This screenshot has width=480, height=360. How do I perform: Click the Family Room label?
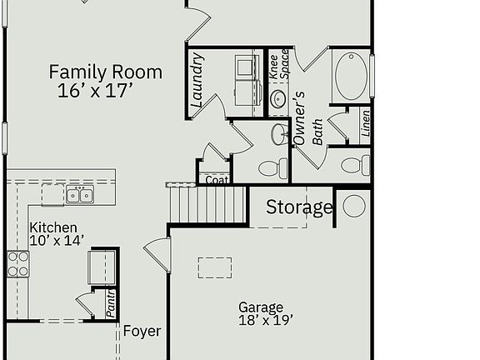(105, 72)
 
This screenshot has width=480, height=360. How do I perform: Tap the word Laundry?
(197, 81)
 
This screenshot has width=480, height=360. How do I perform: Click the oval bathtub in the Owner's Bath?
(351, 77)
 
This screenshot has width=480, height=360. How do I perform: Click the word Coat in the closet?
(217, 180)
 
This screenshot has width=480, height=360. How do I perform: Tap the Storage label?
(299, 207)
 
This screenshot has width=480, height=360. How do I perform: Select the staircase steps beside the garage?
(208, 202)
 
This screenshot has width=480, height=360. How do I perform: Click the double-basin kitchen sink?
(79, 196)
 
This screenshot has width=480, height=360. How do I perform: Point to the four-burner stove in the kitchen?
(18, 263)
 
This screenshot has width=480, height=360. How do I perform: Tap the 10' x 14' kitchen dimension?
(57, 241)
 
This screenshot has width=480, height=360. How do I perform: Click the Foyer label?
(142, 331)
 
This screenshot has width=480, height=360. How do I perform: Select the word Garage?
(261, 307)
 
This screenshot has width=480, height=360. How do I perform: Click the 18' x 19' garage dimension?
(265, 319)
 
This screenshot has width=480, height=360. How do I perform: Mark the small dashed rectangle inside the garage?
(215, 267)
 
